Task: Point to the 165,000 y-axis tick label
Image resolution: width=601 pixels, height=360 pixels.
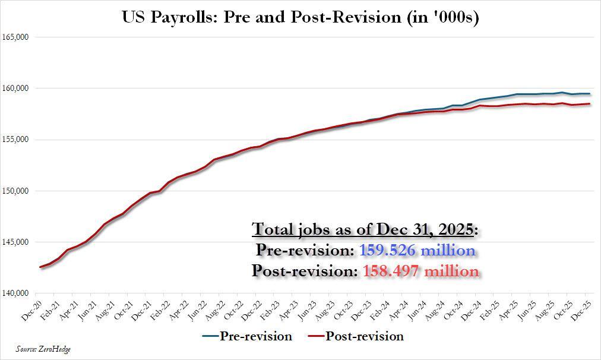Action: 16,37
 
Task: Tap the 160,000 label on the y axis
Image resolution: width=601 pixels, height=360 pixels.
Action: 16,88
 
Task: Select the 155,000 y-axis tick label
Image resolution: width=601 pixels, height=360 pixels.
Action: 16,140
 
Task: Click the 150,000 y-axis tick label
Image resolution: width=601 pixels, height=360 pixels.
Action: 16,191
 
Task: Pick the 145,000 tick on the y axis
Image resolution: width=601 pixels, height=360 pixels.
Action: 16,242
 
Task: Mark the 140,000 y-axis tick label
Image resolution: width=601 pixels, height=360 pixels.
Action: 16,293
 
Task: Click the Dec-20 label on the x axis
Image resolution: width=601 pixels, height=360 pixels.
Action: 33,306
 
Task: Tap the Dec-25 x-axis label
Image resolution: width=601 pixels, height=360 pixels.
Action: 582,306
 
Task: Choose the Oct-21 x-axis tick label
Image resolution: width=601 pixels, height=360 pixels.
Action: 124,306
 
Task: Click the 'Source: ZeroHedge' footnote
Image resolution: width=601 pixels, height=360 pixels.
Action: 43,349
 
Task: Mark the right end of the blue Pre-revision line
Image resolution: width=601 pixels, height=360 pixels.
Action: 589,93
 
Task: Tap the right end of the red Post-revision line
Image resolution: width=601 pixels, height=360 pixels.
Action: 589,104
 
